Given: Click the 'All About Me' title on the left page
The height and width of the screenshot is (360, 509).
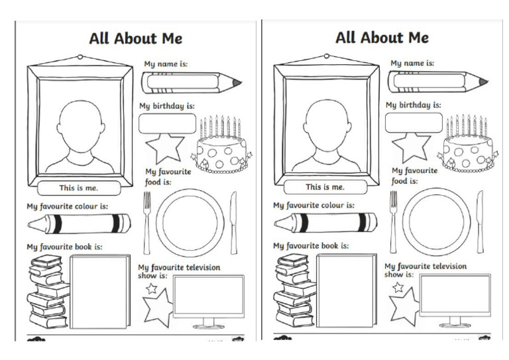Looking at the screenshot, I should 135,38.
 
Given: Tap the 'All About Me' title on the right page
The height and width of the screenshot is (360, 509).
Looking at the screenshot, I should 382,37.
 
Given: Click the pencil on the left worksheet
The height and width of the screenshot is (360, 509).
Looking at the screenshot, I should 191,83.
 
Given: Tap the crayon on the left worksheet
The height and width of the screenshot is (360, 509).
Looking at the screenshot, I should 78,223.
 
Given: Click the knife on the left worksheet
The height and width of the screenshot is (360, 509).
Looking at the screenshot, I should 233,221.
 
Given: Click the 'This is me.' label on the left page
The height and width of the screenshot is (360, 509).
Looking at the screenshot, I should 78,188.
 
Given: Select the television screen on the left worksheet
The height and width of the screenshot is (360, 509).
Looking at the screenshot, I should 208,296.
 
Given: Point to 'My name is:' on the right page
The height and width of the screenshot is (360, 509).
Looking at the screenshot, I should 412,64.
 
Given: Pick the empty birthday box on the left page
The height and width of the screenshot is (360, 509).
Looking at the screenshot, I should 168,123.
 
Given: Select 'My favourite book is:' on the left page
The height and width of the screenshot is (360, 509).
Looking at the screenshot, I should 64,247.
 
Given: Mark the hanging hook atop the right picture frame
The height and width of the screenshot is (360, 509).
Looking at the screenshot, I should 327,58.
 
